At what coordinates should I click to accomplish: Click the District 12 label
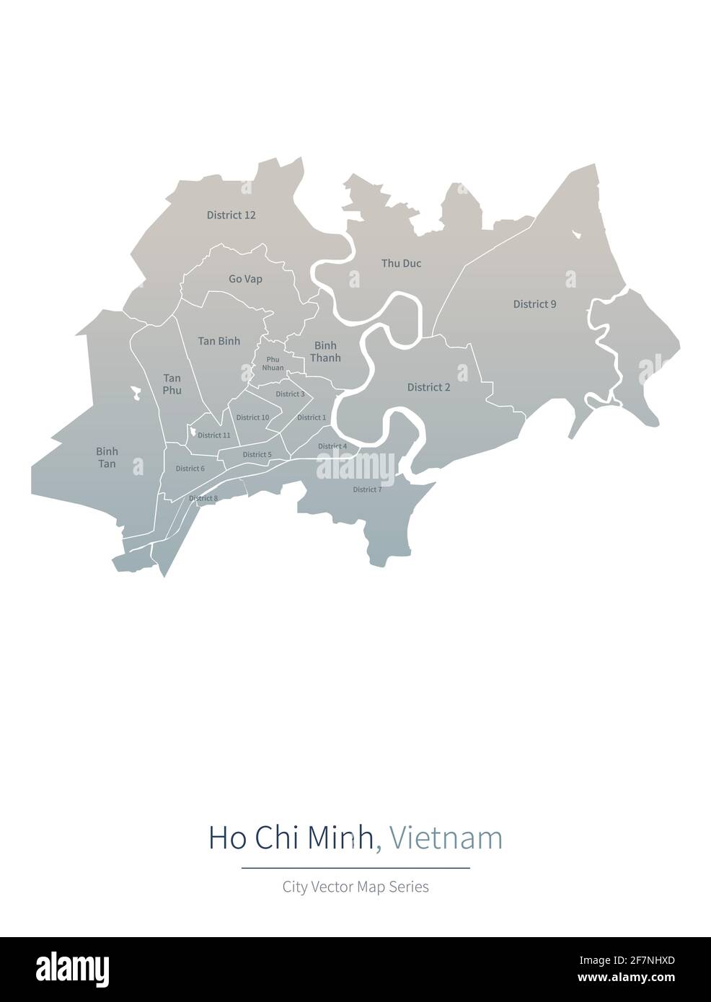[231, 215]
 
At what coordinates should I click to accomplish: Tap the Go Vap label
[245, 279]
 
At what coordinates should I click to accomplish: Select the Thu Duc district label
[401, 264]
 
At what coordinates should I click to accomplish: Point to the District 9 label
[534, 304]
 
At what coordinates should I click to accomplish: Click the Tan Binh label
[219, 341]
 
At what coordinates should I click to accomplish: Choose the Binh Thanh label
[325, 352]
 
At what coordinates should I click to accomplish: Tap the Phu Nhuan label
[273, 363]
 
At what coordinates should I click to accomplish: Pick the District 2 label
[428, 388]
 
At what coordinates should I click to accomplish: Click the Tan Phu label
[172, 384]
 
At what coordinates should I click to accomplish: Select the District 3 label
[290, 394]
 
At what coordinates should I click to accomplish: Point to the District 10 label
[252, 417]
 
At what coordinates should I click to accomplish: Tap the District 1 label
[312, 417]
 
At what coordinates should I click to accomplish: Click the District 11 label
[213, 435]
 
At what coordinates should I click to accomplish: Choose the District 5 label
[257, 455]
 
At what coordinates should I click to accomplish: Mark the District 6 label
[190, 469]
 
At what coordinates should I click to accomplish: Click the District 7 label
[367, 490]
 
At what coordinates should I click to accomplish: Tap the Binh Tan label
[107, 458]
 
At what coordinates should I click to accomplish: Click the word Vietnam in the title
[445, 838]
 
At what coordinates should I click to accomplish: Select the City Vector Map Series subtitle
[355, 887]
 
